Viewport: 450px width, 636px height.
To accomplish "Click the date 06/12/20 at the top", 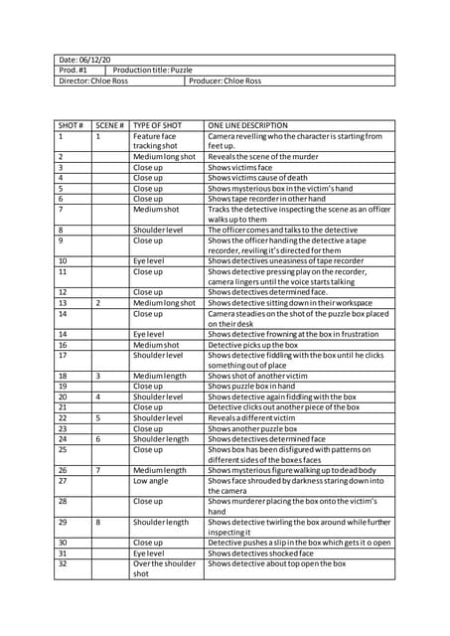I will (84, 60).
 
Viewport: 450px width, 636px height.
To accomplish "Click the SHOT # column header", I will (71, 125).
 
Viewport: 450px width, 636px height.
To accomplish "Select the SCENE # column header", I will (109, 125).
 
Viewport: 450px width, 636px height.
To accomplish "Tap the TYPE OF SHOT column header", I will (158, 125).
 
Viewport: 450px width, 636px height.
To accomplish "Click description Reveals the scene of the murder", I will (263, 157).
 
